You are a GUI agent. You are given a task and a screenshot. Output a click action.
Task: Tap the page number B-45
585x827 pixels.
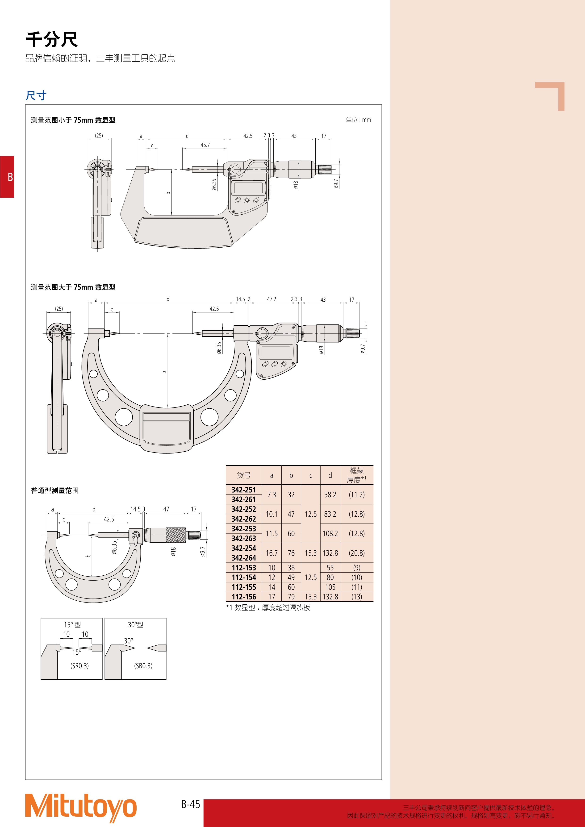click(191, 804)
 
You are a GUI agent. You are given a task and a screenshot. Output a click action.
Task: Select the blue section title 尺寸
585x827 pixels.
click(36, 96)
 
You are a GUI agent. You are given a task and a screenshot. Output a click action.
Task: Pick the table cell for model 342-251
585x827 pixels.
click(244, 490)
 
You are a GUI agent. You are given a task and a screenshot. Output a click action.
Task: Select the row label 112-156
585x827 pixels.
click(244, 597)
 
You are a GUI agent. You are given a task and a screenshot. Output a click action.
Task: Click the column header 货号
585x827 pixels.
click(244, 475)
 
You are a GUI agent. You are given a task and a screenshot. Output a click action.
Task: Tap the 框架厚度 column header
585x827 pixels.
click(357, 475)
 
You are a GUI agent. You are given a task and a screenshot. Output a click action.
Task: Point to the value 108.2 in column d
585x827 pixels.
click(330, 533)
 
